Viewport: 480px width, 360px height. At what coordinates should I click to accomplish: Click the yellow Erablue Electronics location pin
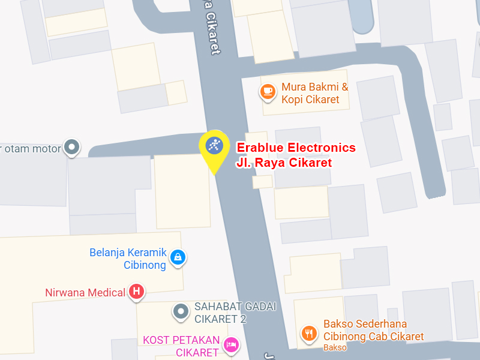pos(214,146)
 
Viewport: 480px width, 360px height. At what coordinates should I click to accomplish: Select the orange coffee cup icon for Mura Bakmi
pos(267,91)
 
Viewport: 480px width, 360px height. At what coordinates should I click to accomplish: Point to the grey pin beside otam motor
pos(72,147)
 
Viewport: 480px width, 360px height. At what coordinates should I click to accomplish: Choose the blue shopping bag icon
pos(178,257)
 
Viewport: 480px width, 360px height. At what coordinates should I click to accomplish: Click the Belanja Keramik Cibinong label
pos(128,259)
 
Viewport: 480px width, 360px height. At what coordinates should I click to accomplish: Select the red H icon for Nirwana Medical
pos(137,292)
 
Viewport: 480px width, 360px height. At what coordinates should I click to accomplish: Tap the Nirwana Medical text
pos(85,293)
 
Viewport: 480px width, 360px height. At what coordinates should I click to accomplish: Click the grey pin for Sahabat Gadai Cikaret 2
pos(180,311)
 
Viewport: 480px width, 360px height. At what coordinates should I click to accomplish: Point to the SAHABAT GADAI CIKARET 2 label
pos(235,312)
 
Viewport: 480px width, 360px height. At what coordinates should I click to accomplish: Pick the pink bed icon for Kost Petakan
pos(230,344)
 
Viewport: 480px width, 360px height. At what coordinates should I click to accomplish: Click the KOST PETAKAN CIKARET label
pos(181,346)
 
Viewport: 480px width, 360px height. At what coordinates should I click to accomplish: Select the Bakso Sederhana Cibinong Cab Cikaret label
pos(373,330)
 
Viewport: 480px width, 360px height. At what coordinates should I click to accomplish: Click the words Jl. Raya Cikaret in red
pos(284,162)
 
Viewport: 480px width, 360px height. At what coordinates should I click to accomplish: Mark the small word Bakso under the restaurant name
pos(334,347)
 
